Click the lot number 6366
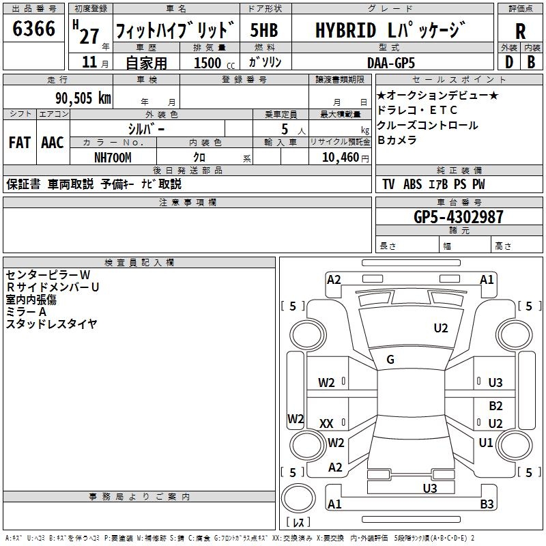coord(34,29)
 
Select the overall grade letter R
coord(520,31)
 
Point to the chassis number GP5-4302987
coord(459,217)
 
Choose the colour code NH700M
coord(113,158)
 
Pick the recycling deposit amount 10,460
coord(338,158)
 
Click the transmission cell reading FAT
coord(20,142)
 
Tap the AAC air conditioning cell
coord(53,142)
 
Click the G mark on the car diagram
coord(390,360)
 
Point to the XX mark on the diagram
coord(326,424)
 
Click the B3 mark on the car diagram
coord(487,504)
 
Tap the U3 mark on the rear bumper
coord(429,488)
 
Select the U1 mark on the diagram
coord(486,443)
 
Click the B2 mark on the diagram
coord(495,405)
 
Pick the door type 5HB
coord(264,30)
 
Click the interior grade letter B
coord(531,62)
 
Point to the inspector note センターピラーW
coord(48,274)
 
